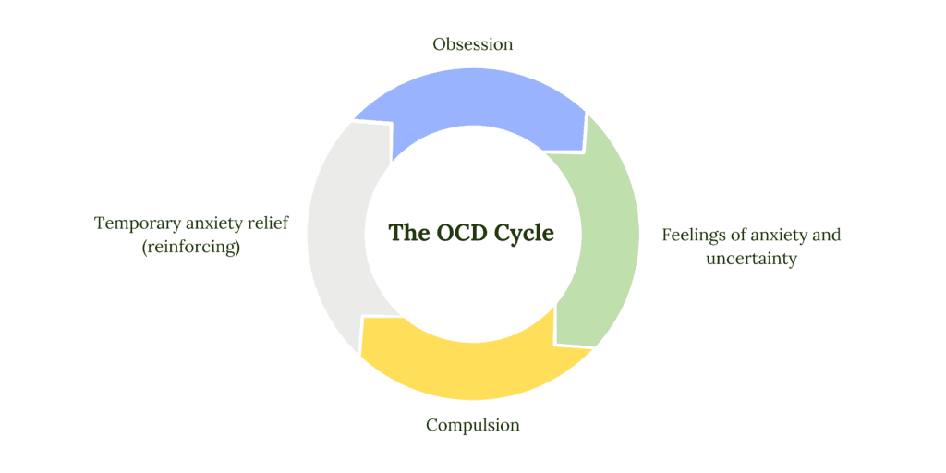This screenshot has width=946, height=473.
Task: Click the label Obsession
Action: pyautogui.click(x=473, y=43)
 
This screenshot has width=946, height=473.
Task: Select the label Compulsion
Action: pyautogui.click(x=473, y=425)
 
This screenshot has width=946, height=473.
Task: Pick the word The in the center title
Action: pyautogui.click(x=408, y=232)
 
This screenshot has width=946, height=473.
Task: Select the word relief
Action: pyautogui.click(x=265, y=224)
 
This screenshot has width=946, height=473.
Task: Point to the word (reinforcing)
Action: pyautogui.click(x=191, y=248)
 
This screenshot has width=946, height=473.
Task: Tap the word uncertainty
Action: pyautogui.click(x=751, y=259)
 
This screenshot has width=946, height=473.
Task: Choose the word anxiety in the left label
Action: pyautogui.click(x=211, y=224)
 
